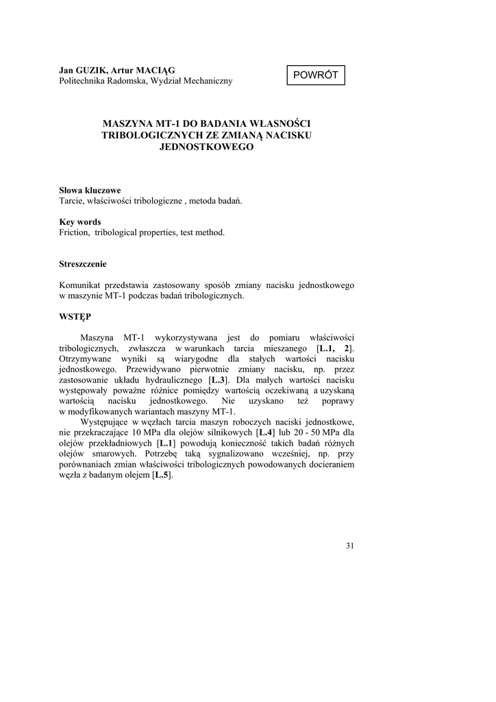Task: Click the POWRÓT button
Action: tap(316, 75)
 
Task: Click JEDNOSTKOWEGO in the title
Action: tap(206, 147)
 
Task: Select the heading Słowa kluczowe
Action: tap(90, 191)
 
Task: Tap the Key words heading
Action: tap(80, 222)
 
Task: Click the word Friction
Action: tap(75, 233)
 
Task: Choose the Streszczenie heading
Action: tap(83, 264)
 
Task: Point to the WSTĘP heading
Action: tap(75, 317)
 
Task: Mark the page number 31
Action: tap(350, 546)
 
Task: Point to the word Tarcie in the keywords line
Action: tap(72, 201)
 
